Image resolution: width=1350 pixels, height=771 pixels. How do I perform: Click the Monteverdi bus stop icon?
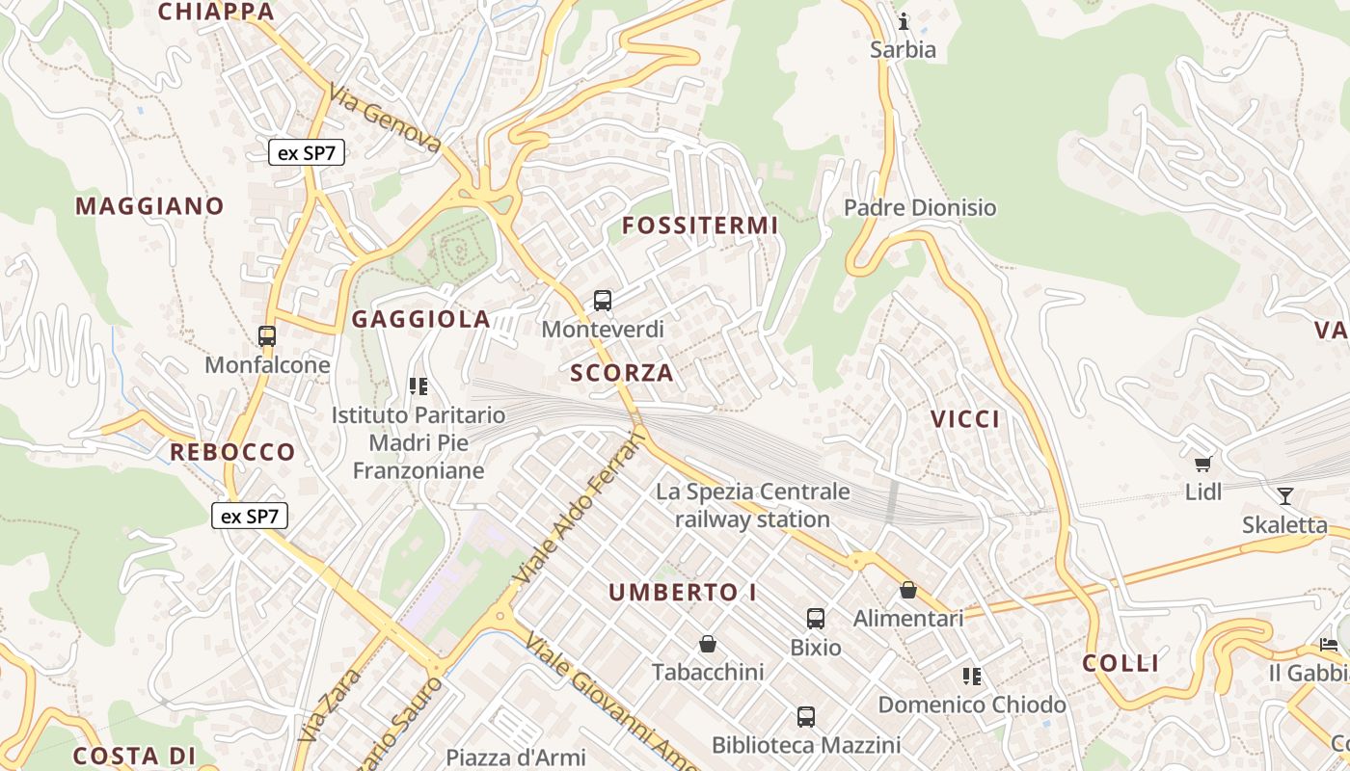point(603,301)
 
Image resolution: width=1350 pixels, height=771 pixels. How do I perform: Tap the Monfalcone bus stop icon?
point(267,336)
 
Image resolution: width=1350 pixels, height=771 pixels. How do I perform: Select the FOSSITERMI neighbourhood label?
point(699,226)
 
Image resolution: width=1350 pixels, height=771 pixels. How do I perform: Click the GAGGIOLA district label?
point(420,319)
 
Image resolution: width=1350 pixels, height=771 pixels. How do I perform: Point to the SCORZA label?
point(622,373)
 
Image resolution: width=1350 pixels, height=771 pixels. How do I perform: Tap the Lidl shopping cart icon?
point(1202,464)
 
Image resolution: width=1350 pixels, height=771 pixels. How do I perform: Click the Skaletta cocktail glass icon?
point(1284,496)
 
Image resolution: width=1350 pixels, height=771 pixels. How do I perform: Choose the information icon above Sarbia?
point(904,20)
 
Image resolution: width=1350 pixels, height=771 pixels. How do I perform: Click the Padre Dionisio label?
point(920,207)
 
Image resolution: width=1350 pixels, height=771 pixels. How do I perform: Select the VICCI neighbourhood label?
point(965,418)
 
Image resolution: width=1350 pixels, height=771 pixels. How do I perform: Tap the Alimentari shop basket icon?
point(908,590)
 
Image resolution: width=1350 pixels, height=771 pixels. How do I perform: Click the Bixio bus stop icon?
point(816,619)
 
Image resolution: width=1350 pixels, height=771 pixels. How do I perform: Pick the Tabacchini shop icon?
point(708,644)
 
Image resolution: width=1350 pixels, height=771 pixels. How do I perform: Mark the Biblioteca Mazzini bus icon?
point(806,717)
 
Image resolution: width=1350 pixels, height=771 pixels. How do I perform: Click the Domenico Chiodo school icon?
point(972,677)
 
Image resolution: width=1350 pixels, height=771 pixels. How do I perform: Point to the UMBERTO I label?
point(683,592)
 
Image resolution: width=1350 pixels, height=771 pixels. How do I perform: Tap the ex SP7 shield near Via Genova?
point(307,152)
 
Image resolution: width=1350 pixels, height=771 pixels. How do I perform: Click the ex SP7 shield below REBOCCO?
point(250,517)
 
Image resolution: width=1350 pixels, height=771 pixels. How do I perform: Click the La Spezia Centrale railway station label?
point(753,505)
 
